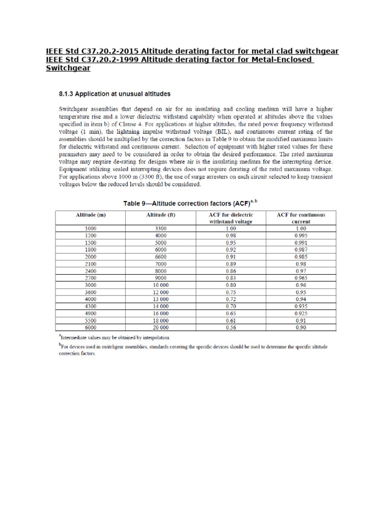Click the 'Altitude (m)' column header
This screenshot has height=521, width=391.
[90, 215]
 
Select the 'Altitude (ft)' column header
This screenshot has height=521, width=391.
[160, 215]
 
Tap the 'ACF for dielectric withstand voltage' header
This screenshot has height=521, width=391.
[231, 218]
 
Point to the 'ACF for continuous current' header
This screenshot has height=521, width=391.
[300, 218]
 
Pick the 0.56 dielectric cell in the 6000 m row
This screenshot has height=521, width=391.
[231, 328]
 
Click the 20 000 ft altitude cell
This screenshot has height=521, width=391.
[160, 328]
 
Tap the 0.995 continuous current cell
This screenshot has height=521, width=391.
[300, 236]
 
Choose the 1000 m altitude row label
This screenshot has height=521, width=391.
[90, 228]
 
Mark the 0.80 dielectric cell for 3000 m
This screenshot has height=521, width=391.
[231, 285]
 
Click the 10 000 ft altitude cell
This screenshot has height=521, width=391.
[160, 285]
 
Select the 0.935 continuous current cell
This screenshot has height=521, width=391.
[300, 307]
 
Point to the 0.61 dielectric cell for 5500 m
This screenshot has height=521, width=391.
[231, 321]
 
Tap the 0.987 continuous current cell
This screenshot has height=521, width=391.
[300, 250]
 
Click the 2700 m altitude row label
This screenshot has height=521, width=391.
[90, 278]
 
